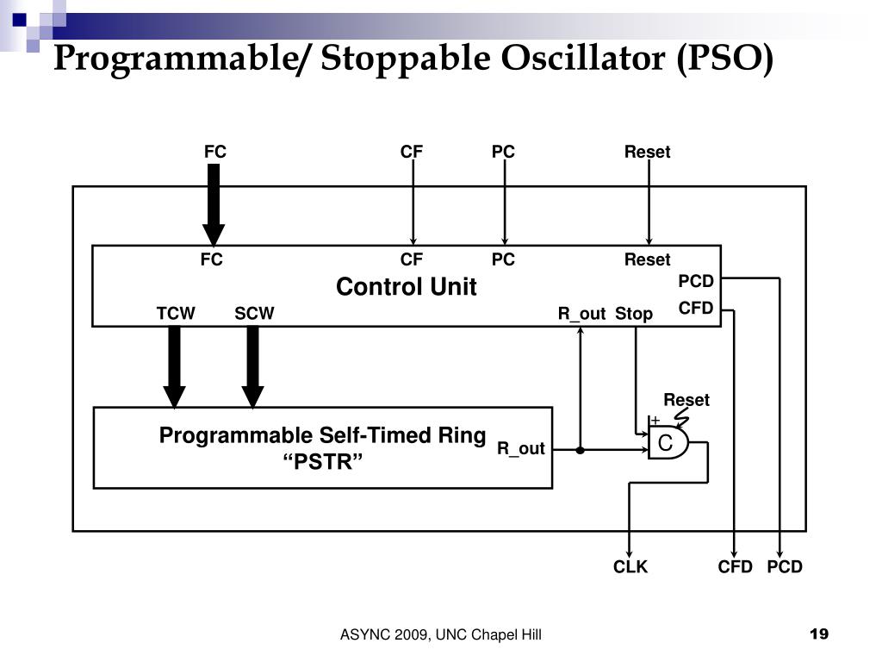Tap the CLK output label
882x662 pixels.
(630, 566)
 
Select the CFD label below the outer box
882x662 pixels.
(736, 566)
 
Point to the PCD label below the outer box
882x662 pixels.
(785, 566)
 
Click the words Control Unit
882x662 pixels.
(406, 287)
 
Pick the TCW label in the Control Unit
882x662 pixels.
(176, 314)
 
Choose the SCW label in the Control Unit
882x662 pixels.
(254, 314)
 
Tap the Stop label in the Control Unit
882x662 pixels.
(634, 314)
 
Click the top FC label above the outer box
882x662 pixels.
(215, 152)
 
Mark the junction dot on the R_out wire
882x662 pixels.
(581, 450)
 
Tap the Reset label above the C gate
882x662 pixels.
(686, 400)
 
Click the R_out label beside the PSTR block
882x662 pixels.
(521, 448)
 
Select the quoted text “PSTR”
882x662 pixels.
(323, 462)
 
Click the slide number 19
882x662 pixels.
(819, 635)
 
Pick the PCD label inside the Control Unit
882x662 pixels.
(696, 282)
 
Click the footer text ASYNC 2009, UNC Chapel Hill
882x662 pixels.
(440, 635)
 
